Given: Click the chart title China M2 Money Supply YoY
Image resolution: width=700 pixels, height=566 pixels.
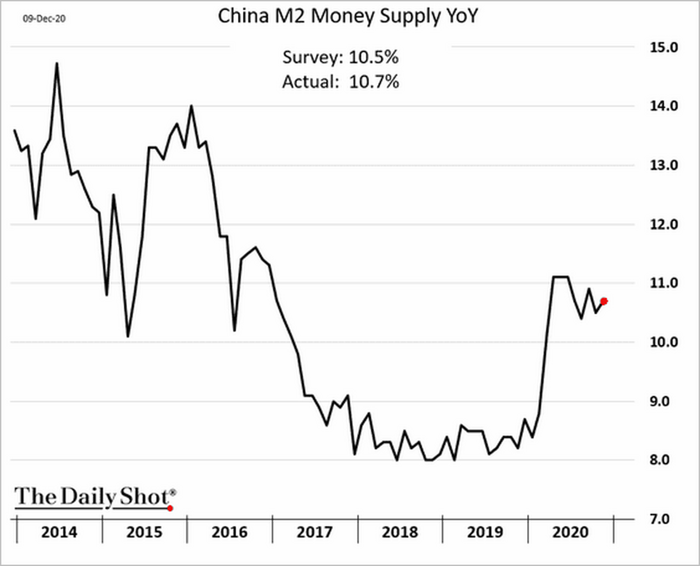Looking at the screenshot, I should (x=348, y=17).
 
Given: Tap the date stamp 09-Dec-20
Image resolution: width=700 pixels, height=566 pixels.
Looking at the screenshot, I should (x=44, y=19).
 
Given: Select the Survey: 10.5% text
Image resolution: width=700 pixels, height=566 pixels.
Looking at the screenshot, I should (x=340, y=57).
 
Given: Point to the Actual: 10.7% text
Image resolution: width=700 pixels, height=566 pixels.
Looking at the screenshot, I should (x=340, y=82).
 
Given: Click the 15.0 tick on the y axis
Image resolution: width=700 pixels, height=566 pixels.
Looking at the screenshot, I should (x=663, y=47).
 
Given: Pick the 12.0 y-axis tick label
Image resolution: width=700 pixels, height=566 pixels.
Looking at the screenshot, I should (x=663, y=225).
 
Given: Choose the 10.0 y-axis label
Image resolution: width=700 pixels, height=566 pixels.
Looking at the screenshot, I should (x=663, y=342).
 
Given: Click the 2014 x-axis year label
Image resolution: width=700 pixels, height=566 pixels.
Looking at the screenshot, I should (x=59, y=532).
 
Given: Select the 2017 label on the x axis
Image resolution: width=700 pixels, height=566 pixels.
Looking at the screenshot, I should (x=314, y=532).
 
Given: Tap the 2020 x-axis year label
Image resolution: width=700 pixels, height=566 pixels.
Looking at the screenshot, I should (x=570, y=532).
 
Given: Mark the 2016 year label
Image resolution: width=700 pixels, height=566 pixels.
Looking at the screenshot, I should (x=230, y=532).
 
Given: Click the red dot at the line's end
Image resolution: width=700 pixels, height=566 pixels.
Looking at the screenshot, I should (x=604, y=301).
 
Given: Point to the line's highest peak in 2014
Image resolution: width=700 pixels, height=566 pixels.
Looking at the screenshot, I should (x=57, y=64).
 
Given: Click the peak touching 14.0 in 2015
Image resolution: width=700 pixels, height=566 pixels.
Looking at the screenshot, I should (x=191, y=106).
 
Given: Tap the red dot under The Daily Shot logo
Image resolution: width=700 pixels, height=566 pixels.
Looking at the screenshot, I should (x=170, y=509).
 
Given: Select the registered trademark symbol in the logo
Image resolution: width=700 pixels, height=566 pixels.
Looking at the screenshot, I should (x=173, y=492).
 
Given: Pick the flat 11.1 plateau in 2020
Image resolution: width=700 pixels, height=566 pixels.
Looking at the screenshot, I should (x=560, y=277).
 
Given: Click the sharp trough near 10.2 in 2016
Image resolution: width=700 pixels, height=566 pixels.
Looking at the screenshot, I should (x=234, y=330).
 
